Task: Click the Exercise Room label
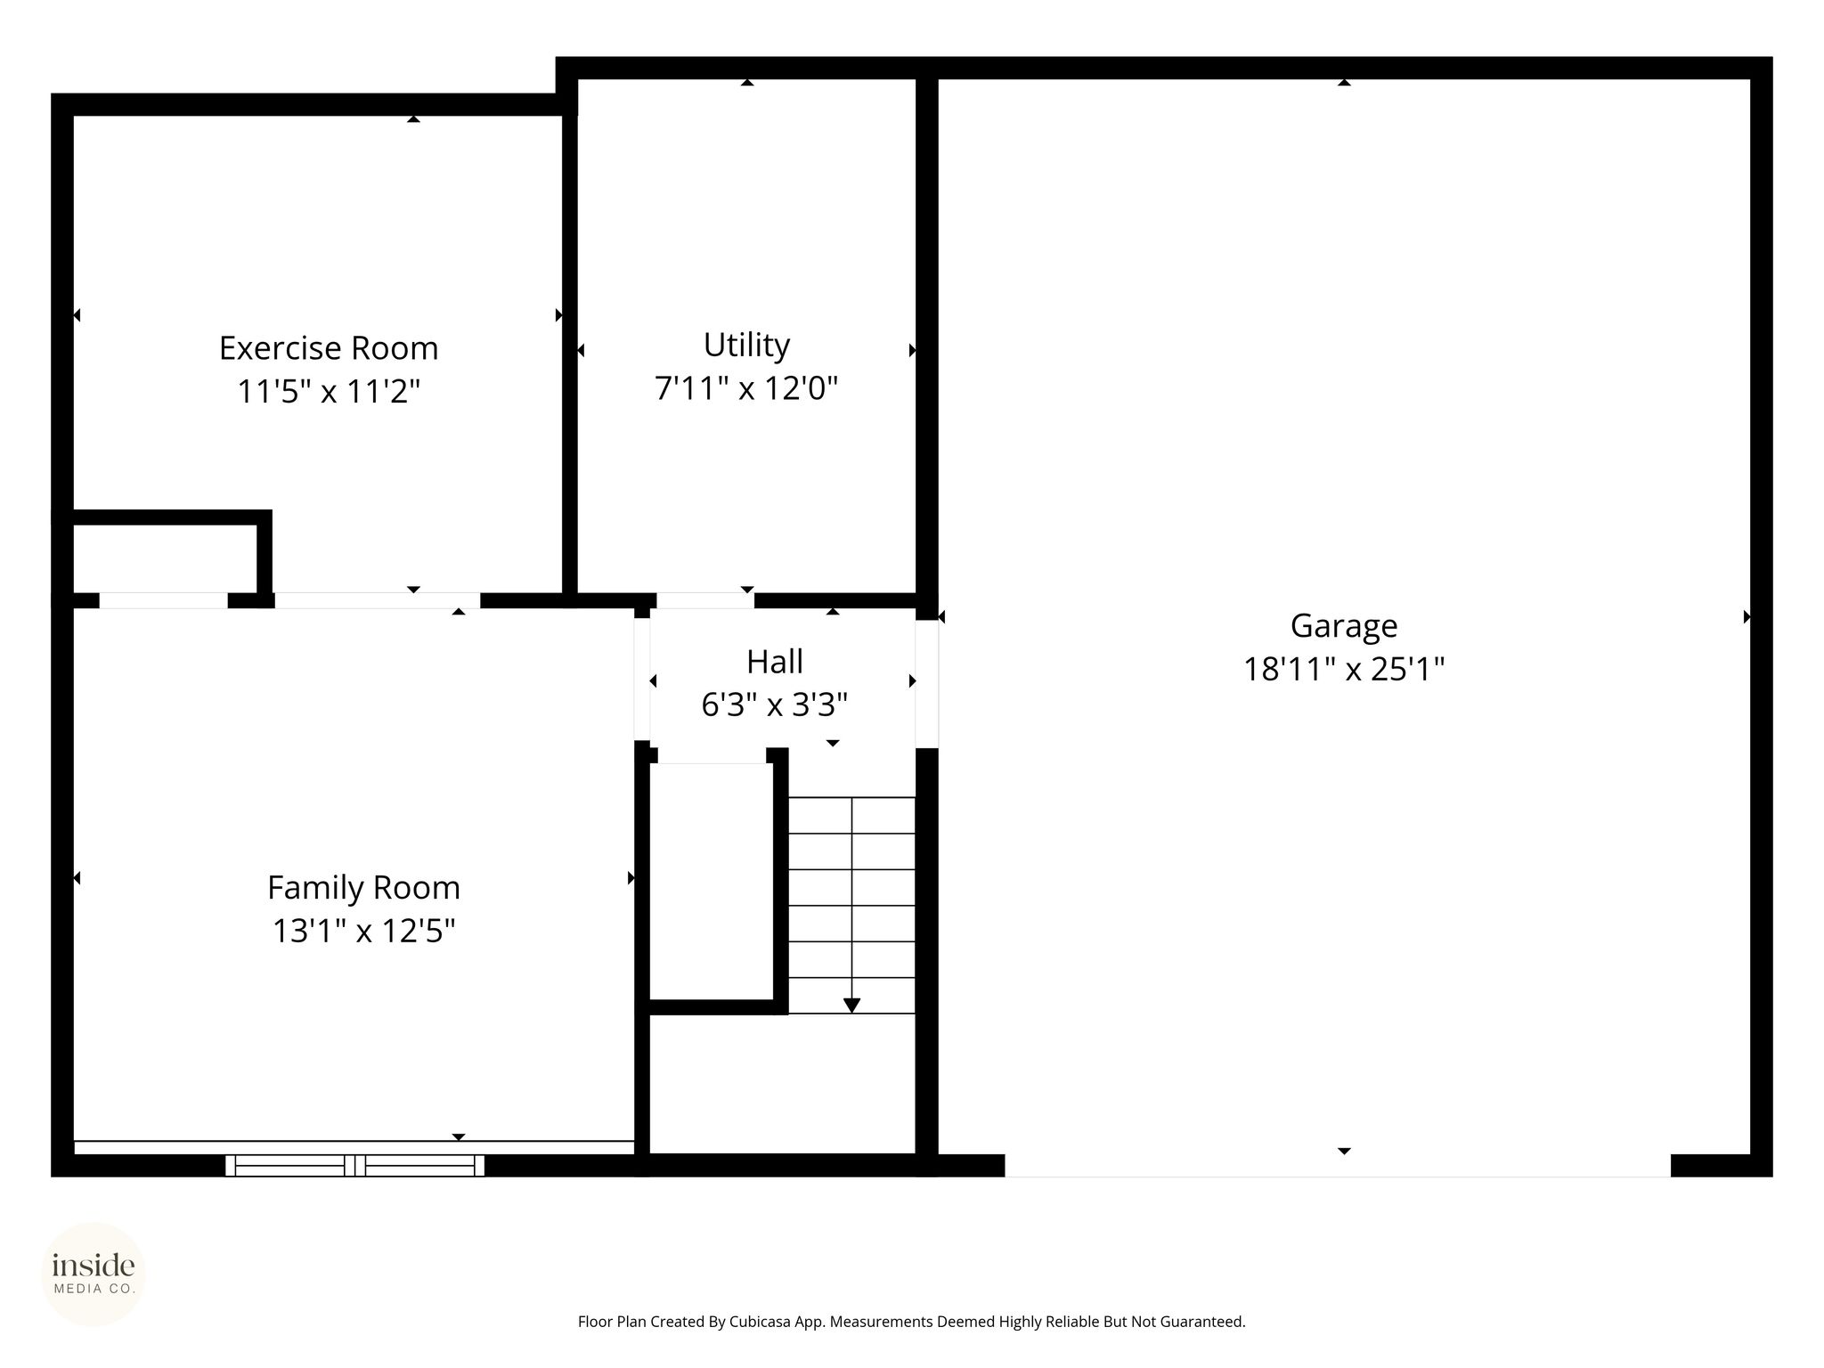329,347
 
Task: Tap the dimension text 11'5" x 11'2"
329,391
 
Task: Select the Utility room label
746,346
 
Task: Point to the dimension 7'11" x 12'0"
746,388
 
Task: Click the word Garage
1344,627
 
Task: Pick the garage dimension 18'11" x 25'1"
1344,669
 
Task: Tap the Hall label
775,662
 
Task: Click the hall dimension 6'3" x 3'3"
775,705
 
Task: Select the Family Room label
363,888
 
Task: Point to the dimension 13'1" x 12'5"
363,932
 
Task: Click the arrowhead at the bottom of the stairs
851,1006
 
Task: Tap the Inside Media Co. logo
94,1274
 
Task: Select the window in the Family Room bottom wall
355,1165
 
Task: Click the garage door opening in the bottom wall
1338,1166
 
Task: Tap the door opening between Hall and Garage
927,684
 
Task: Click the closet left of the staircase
711,882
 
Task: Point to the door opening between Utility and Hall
705,600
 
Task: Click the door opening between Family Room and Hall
642,679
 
